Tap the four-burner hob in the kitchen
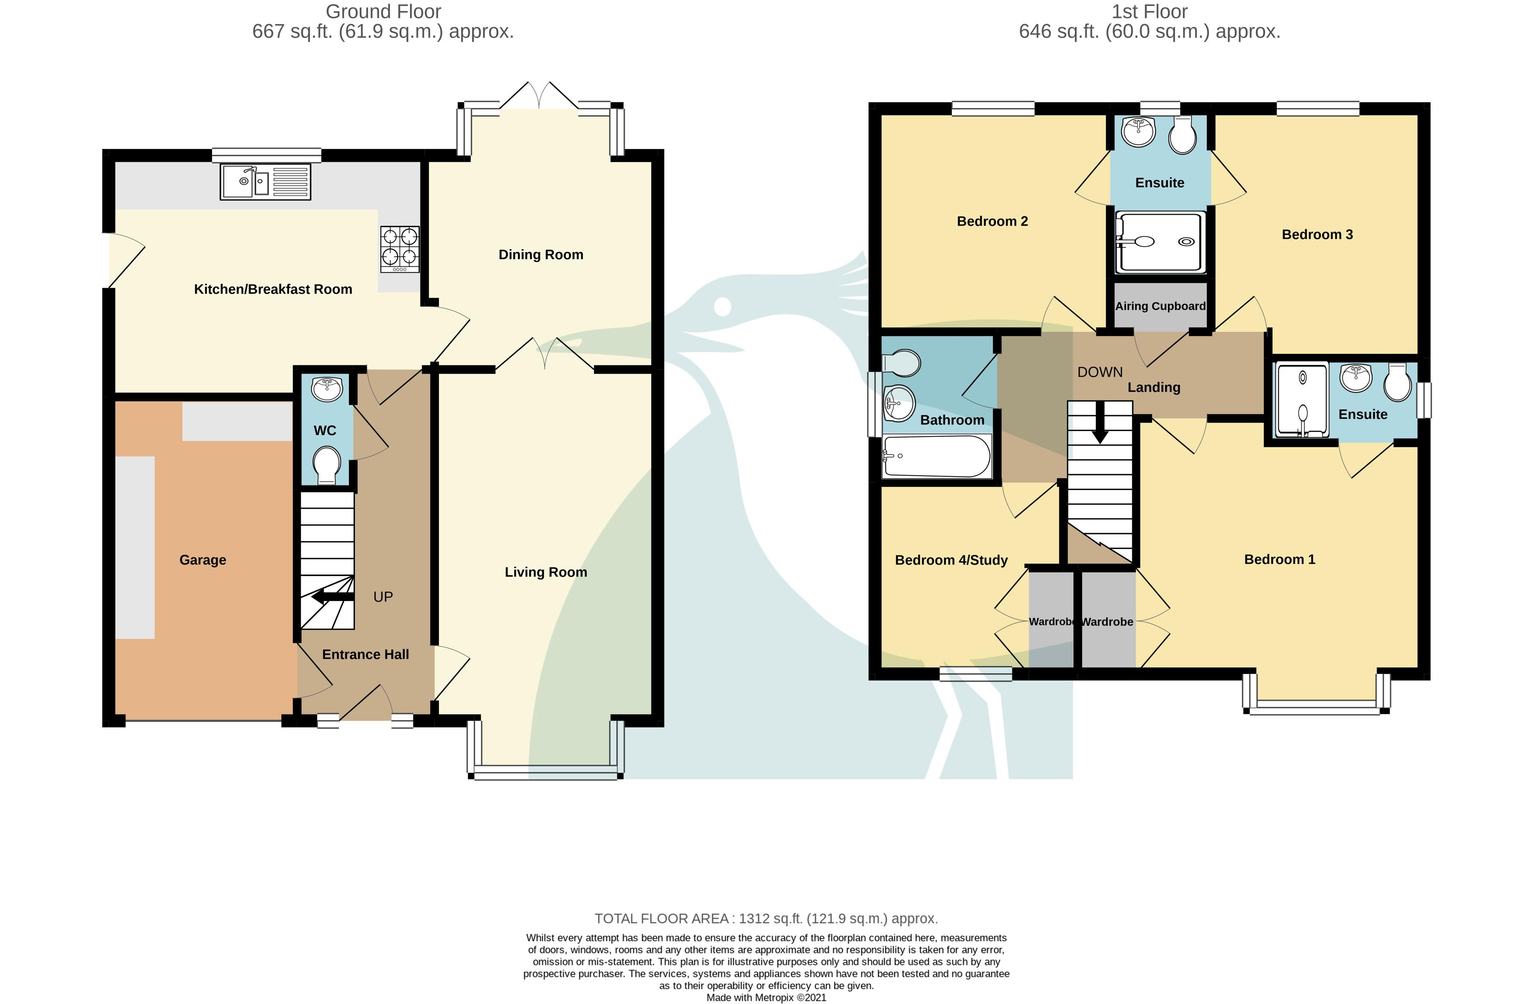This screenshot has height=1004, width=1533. tap(400, 249)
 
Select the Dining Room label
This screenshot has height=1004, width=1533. tap(541, 254)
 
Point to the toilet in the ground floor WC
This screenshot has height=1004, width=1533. tap(327, 465)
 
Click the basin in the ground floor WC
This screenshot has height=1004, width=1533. tap(327, 389)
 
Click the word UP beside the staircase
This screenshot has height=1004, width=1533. tap(383, 597)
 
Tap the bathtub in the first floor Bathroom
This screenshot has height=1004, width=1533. tap(937, 457)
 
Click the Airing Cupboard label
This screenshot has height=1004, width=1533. tap(1160, 306)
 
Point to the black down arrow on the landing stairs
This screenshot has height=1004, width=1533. tap(1100, 423)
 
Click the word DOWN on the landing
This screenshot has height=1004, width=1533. tap(1100, 372)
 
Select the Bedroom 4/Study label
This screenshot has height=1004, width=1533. tap(951, 560)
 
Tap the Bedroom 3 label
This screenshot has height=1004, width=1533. tap(1317, 234)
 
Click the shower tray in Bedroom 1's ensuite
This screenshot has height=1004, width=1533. tap(1302, 400)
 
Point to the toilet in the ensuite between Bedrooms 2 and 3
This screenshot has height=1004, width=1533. tap(1182, 135)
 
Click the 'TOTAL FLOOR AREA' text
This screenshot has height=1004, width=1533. tap(661, 918)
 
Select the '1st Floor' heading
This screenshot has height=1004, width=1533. tap(1150, 12)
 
